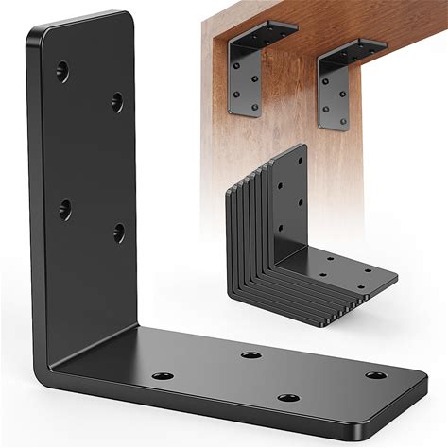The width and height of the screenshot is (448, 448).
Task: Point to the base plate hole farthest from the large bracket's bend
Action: (376, 376)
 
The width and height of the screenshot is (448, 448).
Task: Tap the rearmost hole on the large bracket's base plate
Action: (250, 355)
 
